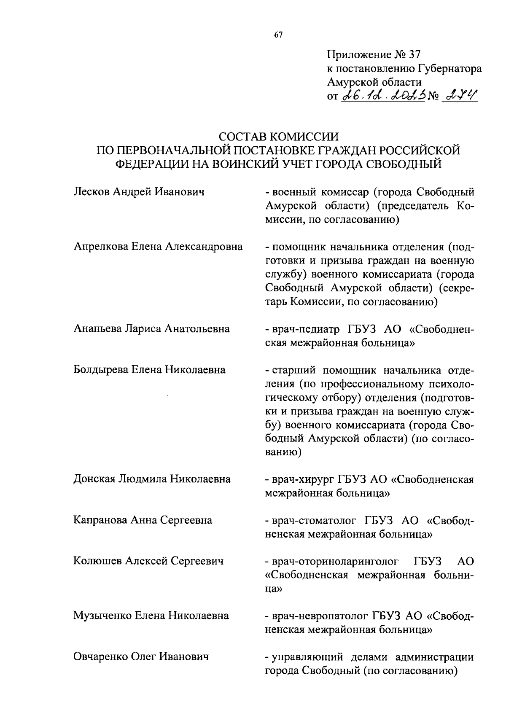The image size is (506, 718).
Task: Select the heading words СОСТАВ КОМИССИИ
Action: pos(279,137)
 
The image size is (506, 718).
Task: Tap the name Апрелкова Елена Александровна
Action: pos(158,247)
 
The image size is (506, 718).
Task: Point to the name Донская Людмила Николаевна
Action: pos(152,479)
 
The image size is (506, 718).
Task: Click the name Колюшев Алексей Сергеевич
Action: pos(148,561)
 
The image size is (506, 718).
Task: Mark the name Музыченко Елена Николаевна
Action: pos(151,616)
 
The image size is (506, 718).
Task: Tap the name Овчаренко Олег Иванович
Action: pos(141,656)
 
